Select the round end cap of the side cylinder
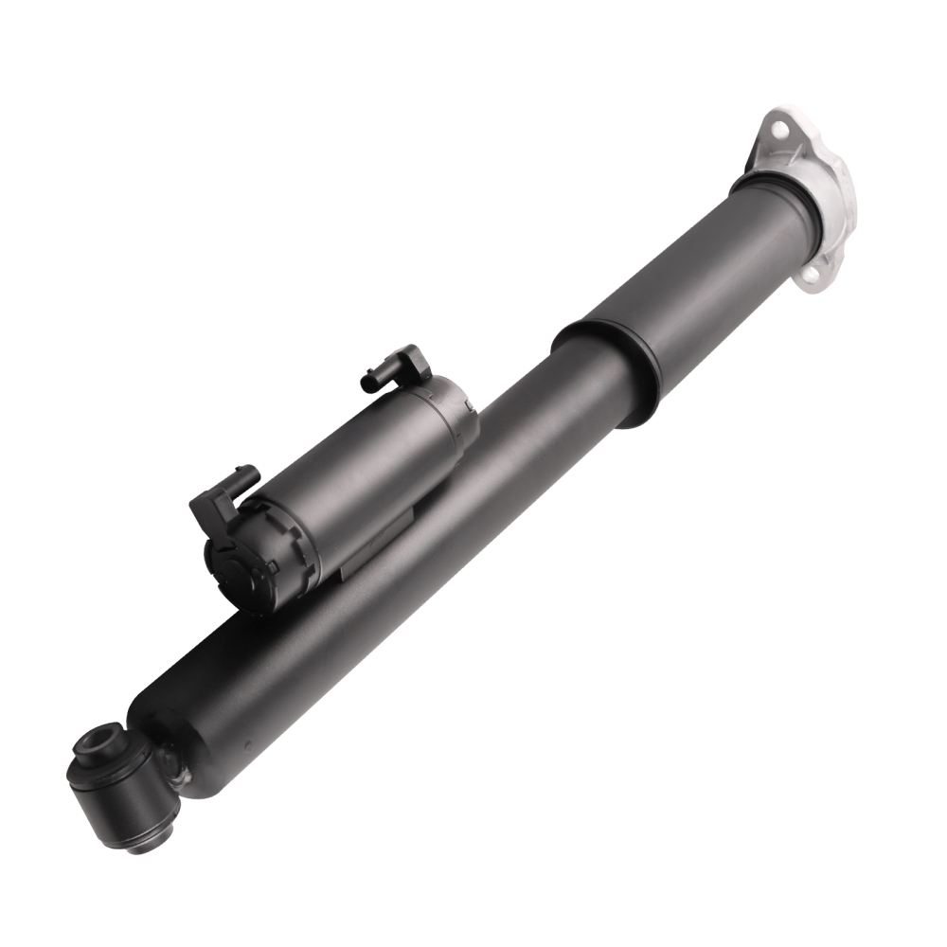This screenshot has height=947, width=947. [237, 559]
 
